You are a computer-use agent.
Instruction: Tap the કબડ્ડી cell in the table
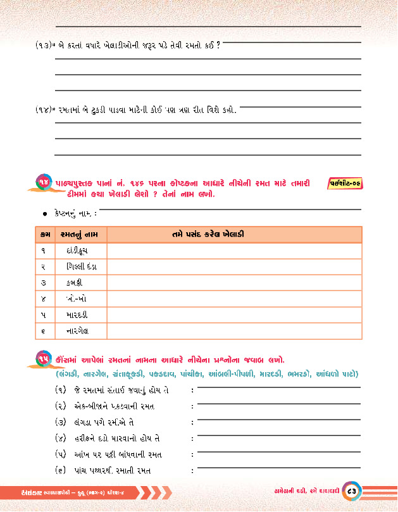tap(75, 282)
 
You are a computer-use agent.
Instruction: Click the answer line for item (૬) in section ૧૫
tap(279, 470)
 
